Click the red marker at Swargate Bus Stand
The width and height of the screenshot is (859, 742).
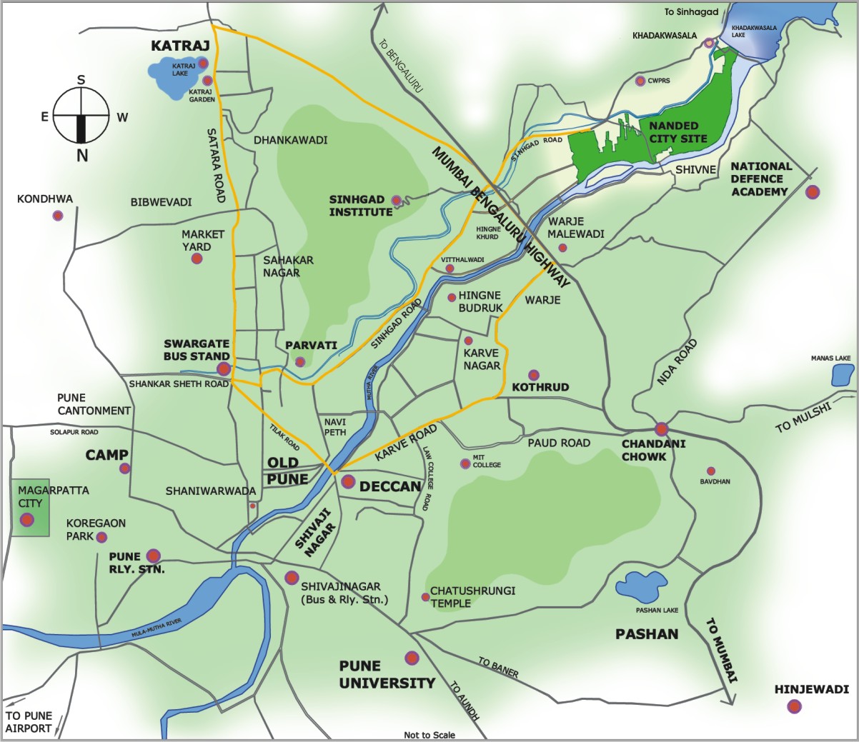click(224, 369)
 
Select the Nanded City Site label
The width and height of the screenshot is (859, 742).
click(677, 132)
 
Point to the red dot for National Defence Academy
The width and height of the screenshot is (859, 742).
click(813, 191)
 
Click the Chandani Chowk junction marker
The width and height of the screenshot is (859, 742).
click(661, 428)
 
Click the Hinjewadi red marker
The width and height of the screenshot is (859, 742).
click(794, 707)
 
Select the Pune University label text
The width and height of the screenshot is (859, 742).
click(387, 675)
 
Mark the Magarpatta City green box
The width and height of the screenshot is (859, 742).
click(29, 508)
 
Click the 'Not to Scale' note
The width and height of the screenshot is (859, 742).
click(429, 735)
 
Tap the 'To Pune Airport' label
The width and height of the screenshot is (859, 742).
click(29, 722)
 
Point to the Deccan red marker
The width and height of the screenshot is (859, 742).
click(348, 481)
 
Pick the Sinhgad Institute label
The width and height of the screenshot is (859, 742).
click(360, 206)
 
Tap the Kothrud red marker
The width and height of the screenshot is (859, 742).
click(533, 375)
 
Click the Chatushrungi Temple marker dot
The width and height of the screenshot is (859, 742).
click(425, 597)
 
